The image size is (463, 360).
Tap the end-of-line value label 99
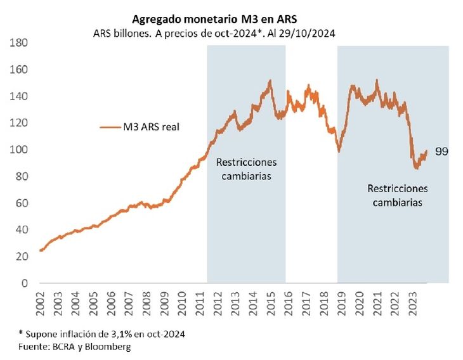pyautogui.click(x=442, y=152)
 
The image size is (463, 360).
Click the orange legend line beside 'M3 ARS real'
pyautogui.click(x=110, y=127)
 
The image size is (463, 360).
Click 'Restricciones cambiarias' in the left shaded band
pyautogui.click(x=246, y=168)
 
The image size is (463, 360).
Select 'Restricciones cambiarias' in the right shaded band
pyautogui.click(x=398, y=195)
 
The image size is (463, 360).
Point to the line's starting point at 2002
pyautogui.click(x=41, y=250)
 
